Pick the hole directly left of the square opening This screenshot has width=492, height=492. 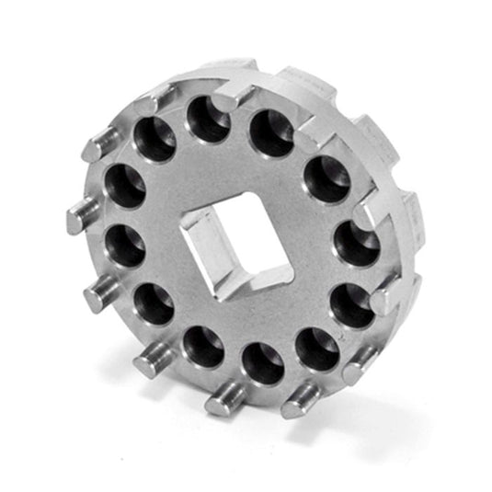click(x=126, y=247)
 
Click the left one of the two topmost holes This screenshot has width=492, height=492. click(x=208, y=119)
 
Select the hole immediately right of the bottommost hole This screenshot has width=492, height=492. click(x=317, y=349)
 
